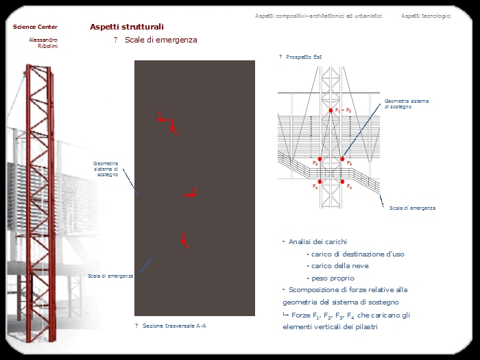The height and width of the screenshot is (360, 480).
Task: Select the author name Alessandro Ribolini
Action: (43, 43)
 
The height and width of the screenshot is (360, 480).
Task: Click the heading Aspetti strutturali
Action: (127, 27)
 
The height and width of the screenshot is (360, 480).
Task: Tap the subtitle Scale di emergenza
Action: (160, 40)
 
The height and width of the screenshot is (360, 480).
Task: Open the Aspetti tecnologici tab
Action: (426, 16)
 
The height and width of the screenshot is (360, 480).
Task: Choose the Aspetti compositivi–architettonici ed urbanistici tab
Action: (318, 16)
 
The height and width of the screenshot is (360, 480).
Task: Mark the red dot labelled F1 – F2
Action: (330, 110)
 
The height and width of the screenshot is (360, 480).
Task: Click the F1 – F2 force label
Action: (344, 110)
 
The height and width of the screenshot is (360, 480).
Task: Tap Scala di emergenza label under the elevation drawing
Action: (412, 207)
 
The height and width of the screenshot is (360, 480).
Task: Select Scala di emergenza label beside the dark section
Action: (110, 276)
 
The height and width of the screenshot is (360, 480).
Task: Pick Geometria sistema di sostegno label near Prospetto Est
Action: (407, 104)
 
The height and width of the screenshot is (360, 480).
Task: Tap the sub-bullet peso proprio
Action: (333, 278)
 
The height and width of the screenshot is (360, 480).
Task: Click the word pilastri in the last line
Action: (365, 327)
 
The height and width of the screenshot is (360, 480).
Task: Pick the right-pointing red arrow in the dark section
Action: (189, 195)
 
